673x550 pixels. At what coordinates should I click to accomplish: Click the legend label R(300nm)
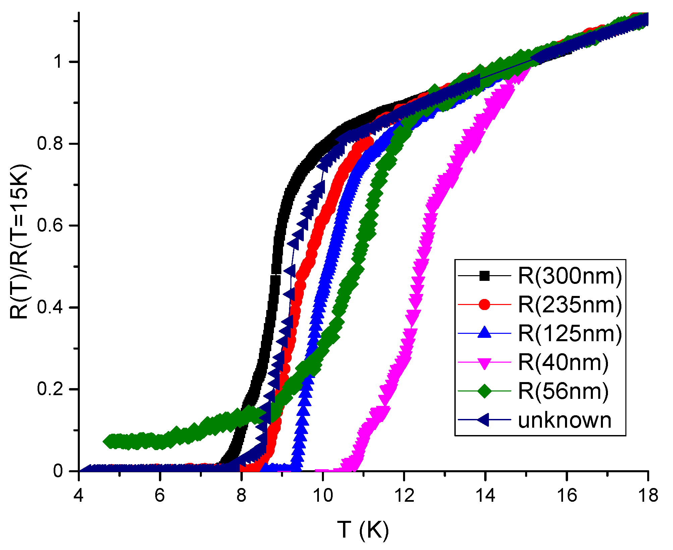(570, 276)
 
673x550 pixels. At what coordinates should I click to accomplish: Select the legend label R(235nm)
(570, 305)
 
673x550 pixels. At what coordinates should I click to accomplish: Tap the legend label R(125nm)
(570, 333)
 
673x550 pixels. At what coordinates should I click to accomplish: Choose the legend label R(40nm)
(563, 362)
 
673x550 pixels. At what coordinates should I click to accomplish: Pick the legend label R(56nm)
(563, 391)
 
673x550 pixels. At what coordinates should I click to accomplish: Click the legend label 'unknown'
(565, 420)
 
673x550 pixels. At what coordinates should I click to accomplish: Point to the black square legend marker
(484, 276)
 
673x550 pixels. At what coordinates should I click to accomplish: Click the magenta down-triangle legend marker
(484, 363)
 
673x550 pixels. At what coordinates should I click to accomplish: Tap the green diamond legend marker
(484, 391)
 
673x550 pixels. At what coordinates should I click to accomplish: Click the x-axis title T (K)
(363, 530)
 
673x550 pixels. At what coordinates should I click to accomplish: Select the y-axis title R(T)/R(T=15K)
(19, 241)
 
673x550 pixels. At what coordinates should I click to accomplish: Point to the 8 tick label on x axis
(241, 495)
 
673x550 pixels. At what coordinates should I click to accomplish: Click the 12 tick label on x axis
(404, 495)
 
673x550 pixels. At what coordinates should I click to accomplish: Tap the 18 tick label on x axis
(648, 495)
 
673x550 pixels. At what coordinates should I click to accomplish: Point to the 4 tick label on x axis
(78, 495)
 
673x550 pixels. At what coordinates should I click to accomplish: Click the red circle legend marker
(484, 305)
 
